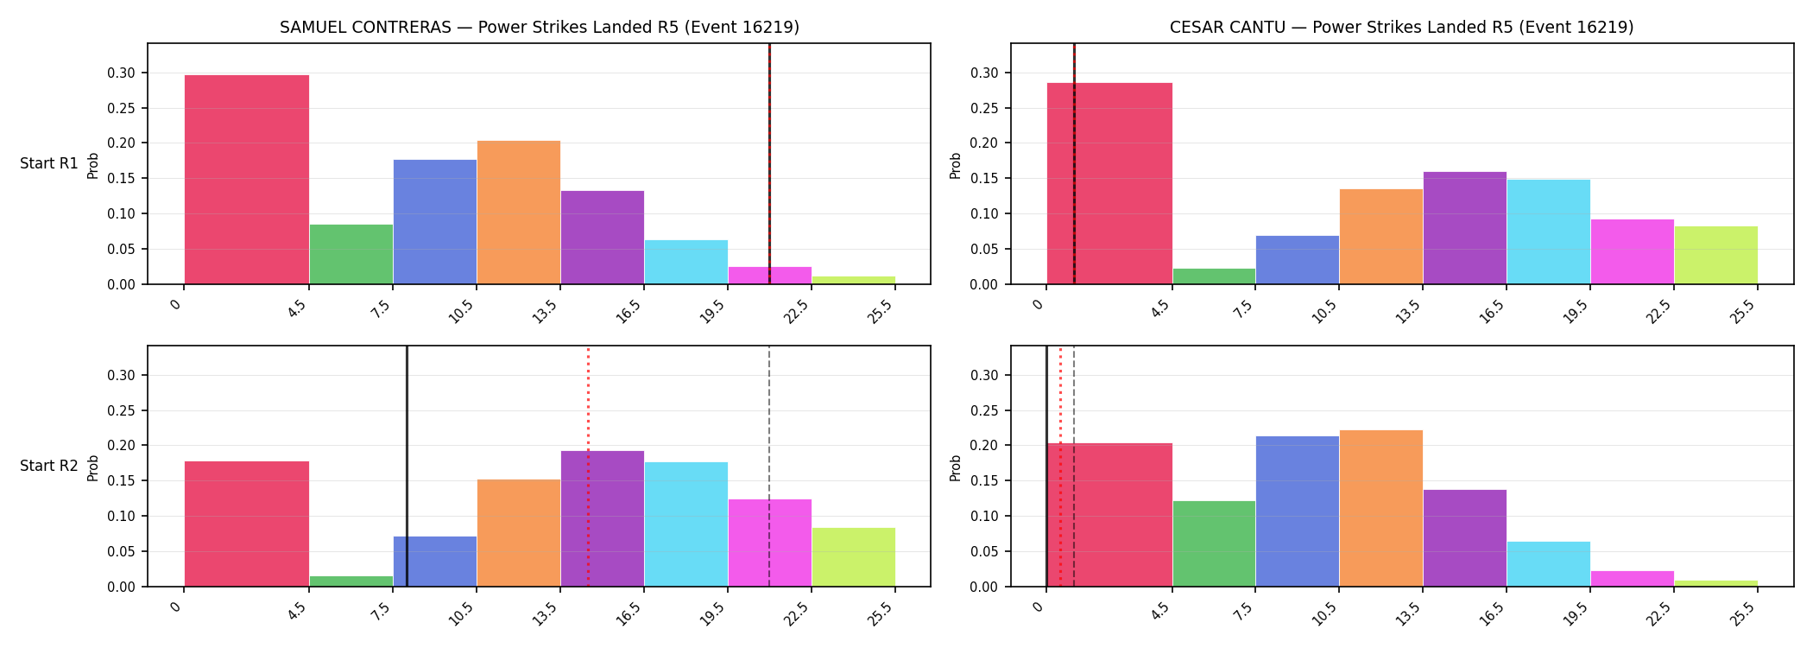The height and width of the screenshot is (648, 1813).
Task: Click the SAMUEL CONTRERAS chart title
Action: click(x=540, y=27)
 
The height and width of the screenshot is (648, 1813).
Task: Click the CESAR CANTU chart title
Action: click(x=1401, y=27)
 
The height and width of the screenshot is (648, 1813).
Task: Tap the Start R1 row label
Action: click(x=49, y=163)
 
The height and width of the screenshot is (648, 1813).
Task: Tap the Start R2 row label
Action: click(x=49, y=466)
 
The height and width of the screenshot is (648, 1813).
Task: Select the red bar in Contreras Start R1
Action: click(x=247, y=180)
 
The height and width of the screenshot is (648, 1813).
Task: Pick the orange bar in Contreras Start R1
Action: click(x=519, y=213)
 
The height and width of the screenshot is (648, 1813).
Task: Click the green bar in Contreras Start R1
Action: click(x=351, y=254)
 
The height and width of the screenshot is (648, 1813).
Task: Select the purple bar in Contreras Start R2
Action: click(x=603, y=518)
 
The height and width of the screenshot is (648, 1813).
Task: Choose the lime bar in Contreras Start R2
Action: click(x=854, y=557)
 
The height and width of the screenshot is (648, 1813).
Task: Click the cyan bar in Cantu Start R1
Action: click(x=1549, y=232)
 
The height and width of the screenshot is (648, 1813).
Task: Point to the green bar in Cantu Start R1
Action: click(x=1214, y=276)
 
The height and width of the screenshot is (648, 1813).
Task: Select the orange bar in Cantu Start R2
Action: click(x=1381, y=508)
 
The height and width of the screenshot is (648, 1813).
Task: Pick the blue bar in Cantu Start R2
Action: click(x=1298, y=511)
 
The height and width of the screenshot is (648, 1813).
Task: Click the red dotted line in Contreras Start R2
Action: click(x=588, y=467)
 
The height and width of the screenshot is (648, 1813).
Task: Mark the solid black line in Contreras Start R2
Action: click(x=407, y=467)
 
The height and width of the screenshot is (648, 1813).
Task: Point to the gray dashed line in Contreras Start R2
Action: click(x=769, y=467)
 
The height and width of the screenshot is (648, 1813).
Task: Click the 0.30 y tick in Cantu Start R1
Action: click(x=985, y=73)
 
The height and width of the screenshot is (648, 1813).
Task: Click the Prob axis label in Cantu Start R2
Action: click(x=956, y=467)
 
